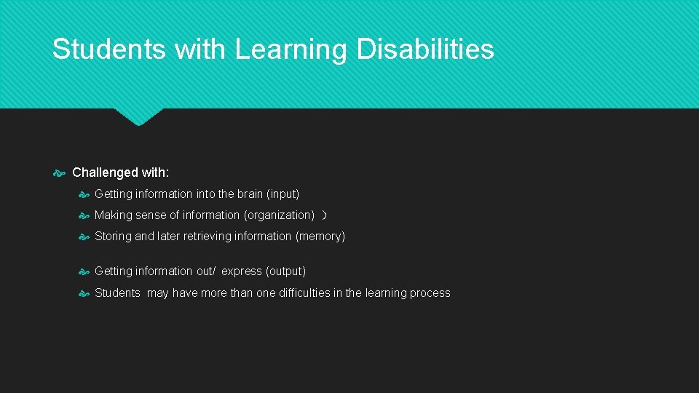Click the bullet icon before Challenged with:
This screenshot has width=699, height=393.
point(60,173)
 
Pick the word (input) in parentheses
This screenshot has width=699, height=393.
point(283,194)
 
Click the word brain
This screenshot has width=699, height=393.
point(249,194)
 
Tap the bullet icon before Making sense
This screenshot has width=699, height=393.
point(84,215)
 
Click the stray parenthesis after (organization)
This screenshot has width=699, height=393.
point(325,215)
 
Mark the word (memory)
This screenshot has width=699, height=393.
point(320,237)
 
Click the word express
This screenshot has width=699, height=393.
point(241,271)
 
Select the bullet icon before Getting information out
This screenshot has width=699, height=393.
point(84,271)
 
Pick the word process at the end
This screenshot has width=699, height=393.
point(430,293)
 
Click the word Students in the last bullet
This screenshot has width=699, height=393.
point(117,293)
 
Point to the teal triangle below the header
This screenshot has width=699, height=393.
point(138,116)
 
